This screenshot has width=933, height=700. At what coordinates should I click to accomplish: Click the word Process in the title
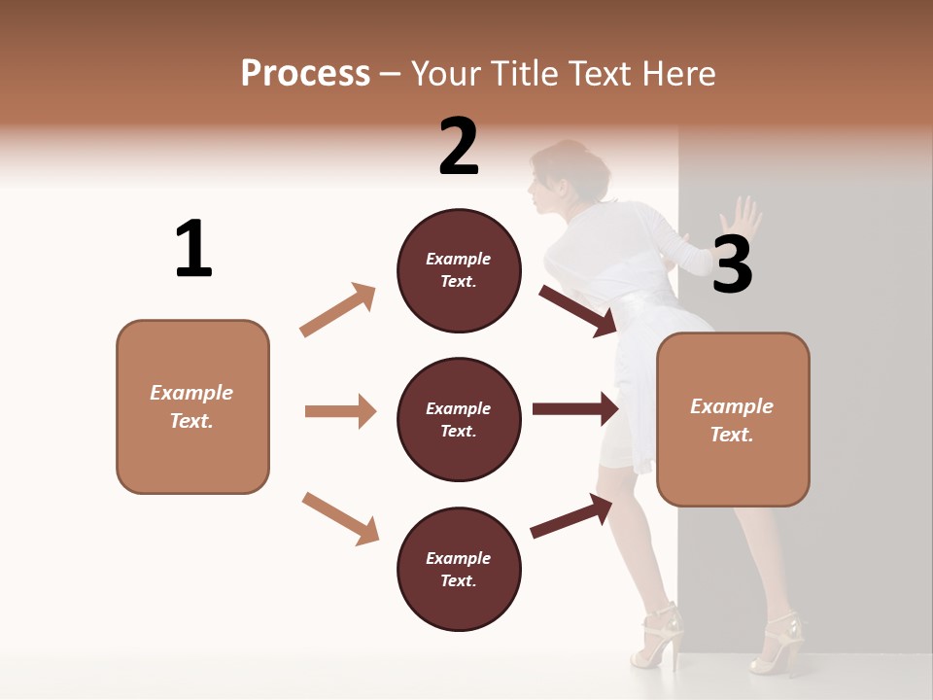coord(305,73)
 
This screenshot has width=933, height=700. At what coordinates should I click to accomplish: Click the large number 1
coord(193,249)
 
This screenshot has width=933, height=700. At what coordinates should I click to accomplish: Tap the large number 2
coord(459,146)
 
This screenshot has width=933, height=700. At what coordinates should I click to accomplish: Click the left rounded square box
coord(192,406)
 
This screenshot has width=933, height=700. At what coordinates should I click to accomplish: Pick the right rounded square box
coord(733,419)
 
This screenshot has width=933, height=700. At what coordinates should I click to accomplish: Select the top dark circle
coord(459,270)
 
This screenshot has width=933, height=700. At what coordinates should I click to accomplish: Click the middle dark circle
coord(459,419)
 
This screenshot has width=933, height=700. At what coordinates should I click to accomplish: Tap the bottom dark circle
coord(459,569)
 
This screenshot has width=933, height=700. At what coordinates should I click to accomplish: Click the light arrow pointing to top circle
coord(337,310)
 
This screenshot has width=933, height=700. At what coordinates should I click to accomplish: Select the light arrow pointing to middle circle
coord(340,411)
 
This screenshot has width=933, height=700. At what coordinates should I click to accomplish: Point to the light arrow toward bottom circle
coord(340,518)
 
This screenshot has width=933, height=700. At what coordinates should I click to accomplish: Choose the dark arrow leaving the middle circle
coord(575,408)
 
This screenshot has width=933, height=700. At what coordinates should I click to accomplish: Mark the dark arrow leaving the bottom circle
coord(572,515)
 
